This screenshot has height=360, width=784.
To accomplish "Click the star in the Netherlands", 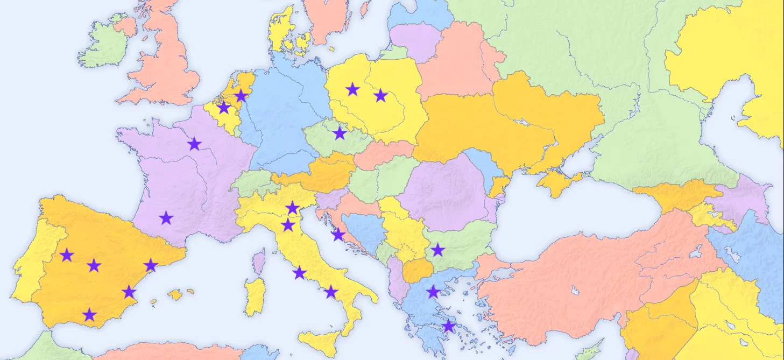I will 241,96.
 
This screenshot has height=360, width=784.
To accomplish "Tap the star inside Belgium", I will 224,108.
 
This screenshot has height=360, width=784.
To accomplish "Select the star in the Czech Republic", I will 340,133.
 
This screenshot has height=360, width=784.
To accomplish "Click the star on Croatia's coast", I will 338,235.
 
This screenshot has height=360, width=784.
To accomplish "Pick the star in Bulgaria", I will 438,250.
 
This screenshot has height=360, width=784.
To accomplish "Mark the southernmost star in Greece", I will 448,326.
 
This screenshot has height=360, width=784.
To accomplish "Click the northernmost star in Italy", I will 292,208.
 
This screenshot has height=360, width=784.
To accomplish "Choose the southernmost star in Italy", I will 331,292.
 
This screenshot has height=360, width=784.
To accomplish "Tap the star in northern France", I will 194,144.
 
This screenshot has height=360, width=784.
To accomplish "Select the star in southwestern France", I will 166,218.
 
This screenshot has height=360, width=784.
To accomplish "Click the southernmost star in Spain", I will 90,315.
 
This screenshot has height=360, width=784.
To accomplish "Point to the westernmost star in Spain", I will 67,255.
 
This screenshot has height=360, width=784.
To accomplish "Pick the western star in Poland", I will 352,89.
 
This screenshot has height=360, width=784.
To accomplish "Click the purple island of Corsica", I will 259,261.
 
